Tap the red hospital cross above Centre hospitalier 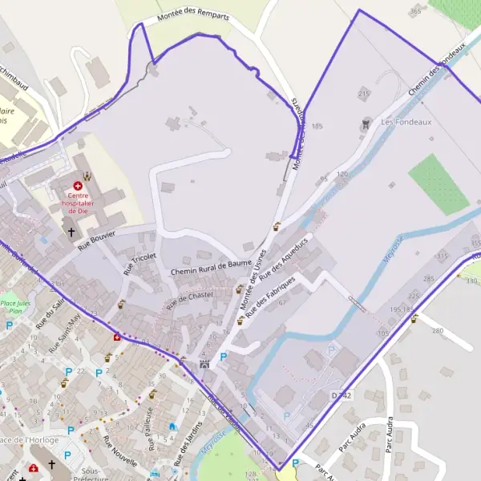pos(78,185)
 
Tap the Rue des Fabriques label pos(271,296)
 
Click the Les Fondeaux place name pos(395,122)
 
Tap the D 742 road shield pos(342,395)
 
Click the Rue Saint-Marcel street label pos(64,333)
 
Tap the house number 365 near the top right pos(414,10)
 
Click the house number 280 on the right pos(437,330)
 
